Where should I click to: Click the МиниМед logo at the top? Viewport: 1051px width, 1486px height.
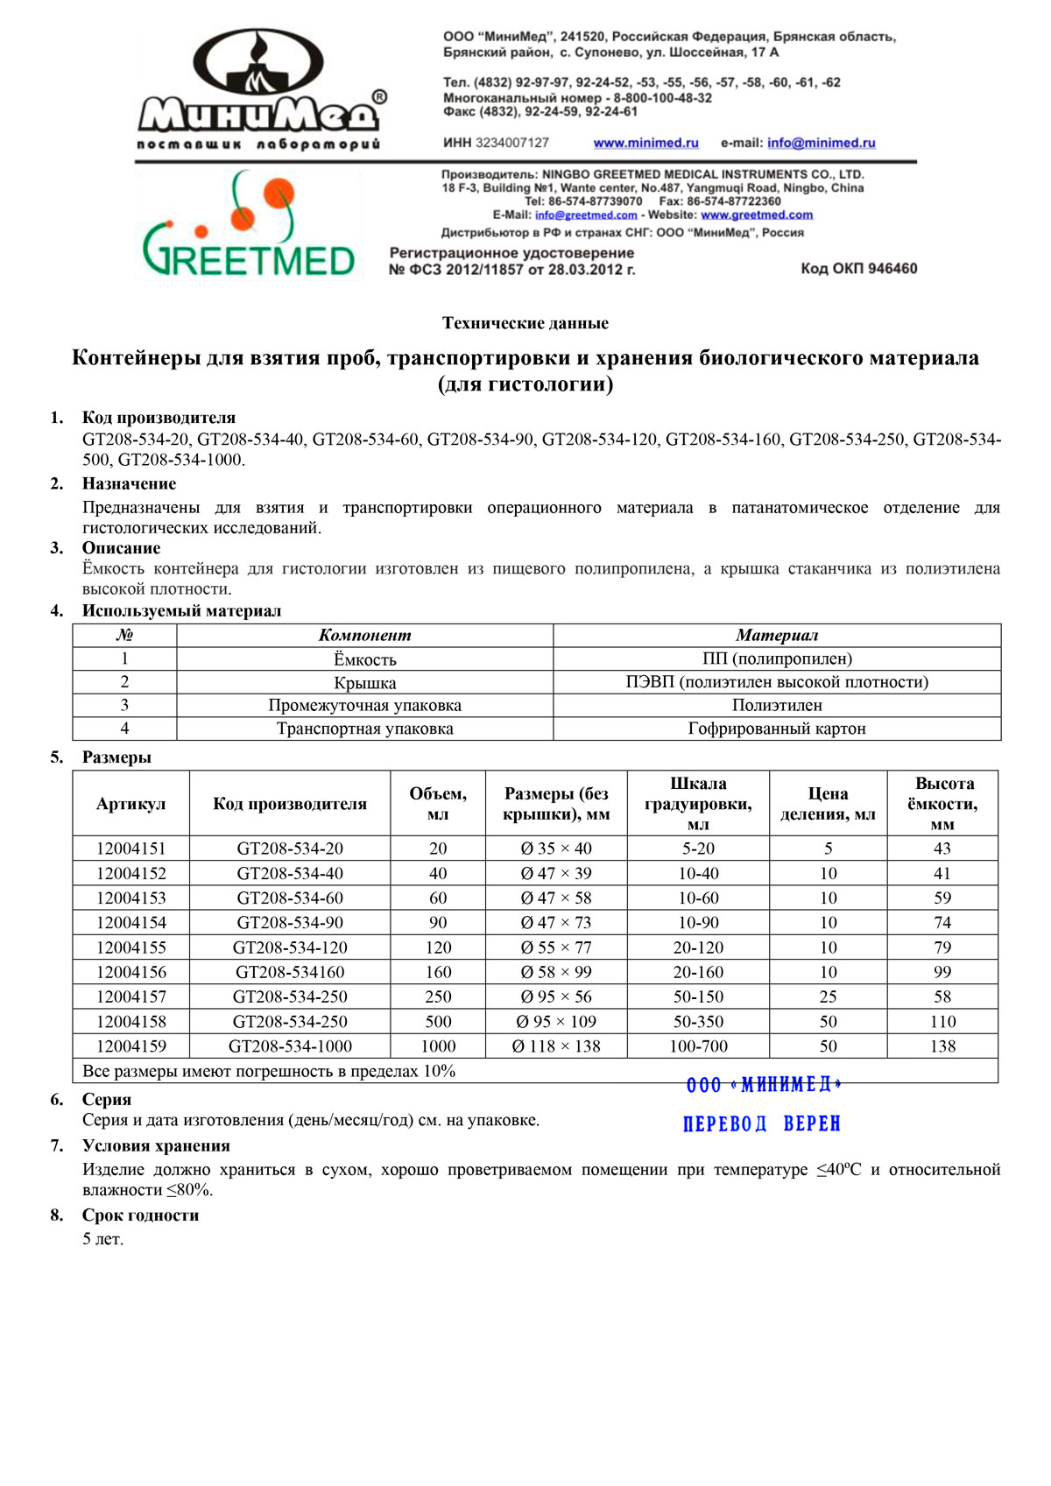pyautogui.click(x=260, y=89)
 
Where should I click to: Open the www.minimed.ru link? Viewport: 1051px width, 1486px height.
pyautogui.click(x=645, y=143)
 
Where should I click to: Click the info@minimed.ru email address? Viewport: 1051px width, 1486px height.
pyautogui.click(x=821, y=143)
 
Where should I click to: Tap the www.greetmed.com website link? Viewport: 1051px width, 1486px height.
pyautogui.click(x=757, y=215)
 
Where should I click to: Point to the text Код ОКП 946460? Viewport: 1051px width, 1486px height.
pyautogui.click(x=858, y=269)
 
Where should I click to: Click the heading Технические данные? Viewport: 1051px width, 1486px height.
pyautogui.click(x=525, y=323)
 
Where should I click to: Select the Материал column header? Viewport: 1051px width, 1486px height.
pyautogui.click(x=776, y=636)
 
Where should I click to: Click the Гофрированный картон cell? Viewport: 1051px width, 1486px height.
pyautogui.click(x=776, y=729)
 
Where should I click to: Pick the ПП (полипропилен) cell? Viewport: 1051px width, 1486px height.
pyautogui.click(x=776, y=658)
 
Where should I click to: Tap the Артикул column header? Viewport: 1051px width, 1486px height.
pyautogui.click(x=130, y=804)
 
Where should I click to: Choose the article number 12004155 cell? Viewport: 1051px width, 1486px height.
pyautogui.click(x=130, y=947)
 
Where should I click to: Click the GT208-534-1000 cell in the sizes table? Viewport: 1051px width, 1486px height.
pyautogui.click(x=290, y=1046)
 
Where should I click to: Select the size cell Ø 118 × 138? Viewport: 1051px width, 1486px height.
pyautogui.click(x=556, y=1046)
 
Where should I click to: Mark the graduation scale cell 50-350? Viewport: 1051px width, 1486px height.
pyautogui.click(x=698, y=1022)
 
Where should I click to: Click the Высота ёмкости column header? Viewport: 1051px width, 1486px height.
pyautogui.click(x=942, y=804)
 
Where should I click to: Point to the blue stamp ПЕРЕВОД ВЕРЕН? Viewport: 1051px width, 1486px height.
pyautogui.click(x=761, y=1123)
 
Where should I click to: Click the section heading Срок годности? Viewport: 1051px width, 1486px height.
pyautogui.click(x=140, y=1215)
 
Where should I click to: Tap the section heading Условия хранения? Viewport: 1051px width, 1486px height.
pyautogui.click(x=156, y=1146)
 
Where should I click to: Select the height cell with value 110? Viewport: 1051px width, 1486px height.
pyautogui.click(x=942, y=1022)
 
